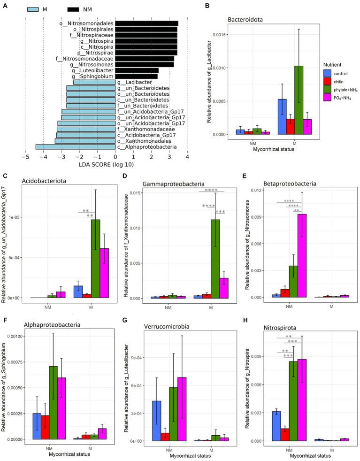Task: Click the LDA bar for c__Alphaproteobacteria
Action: click(75, 147)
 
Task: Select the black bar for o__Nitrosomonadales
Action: click(146, 23)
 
